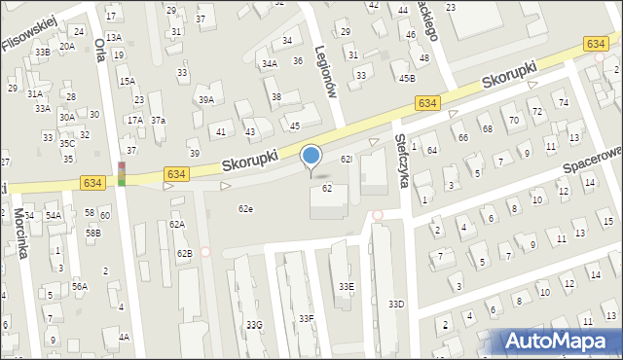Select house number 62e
246,208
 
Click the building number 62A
176,225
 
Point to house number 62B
184,253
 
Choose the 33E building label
346,286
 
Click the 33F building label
307,318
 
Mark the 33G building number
253,324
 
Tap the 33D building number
396,305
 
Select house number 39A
206,99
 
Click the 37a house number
158,120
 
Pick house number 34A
270,63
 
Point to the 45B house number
406,78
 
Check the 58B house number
92,234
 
